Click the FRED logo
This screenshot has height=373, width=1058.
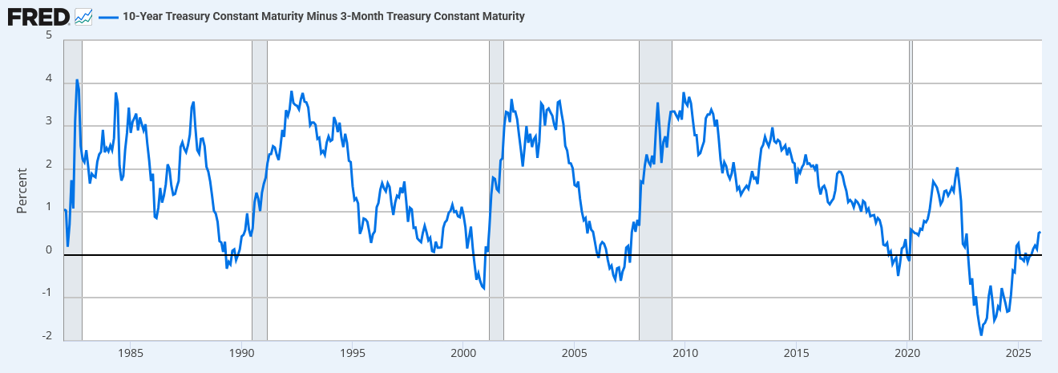(x=38, y=16)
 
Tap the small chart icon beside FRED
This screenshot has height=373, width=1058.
(x=83, y=16)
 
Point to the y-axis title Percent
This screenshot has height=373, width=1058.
(x=22, y=190)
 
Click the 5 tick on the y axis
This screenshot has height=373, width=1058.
(x=49, y=35)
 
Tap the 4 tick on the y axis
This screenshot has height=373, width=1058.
(x=49, y=79)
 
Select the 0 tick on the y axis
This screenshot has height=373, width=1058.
(x=49, y=250)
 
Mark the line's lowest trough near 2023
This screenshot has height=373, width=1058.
(x=981, y=334)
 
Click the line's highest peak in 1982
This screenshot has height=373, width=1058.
(x=77, y=80)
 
